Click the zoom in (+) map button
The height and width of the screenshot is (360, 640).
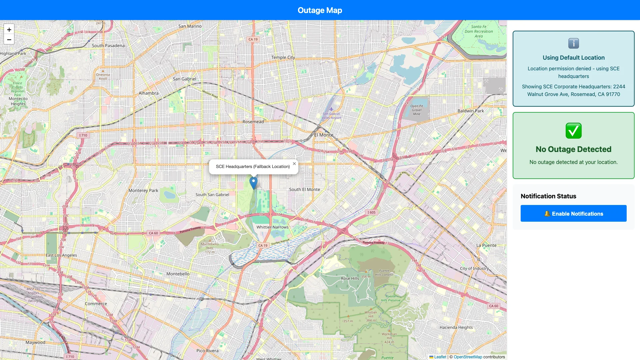[9, 30]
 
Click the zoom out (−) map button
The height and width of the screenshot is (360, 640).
[9, 40]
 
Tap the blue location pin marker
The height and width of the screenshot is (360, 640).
[253, 183]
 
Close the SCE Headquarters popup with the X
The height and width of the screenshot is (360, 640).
[294, 164]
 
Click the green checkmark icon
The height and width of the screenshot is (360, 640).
[573, 131]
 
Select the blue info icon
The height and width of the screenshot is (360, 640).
[573, 43]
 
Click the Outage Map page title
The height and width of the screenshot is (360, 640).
[320, 10]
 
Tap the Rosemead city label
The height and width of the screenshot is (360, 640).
[253, 122]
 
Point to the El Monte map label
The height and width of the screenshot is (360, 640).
[324, 135]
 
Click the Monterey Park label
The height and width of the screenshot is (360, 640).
[143, 190]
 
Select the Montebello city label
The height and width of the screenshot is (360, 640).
[178, 274]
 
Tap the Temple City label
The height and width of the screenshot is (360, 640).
[283, 57]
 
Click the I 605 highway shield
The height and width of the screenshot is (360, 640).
[371, 212]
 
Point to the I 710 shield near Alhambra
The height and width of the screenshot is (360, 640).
[83, 135]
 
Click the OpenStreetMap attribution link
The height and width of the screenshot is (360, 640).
[468, 357]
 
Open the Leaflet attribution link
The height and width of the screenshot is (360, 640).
[440, 357]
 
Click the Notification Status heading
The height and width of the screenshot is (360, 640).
[548, 196]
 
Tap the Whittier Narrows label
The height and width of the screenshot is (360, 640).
[272, 227]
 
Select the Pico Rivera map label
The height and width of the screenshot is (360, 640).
[207, 351]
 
